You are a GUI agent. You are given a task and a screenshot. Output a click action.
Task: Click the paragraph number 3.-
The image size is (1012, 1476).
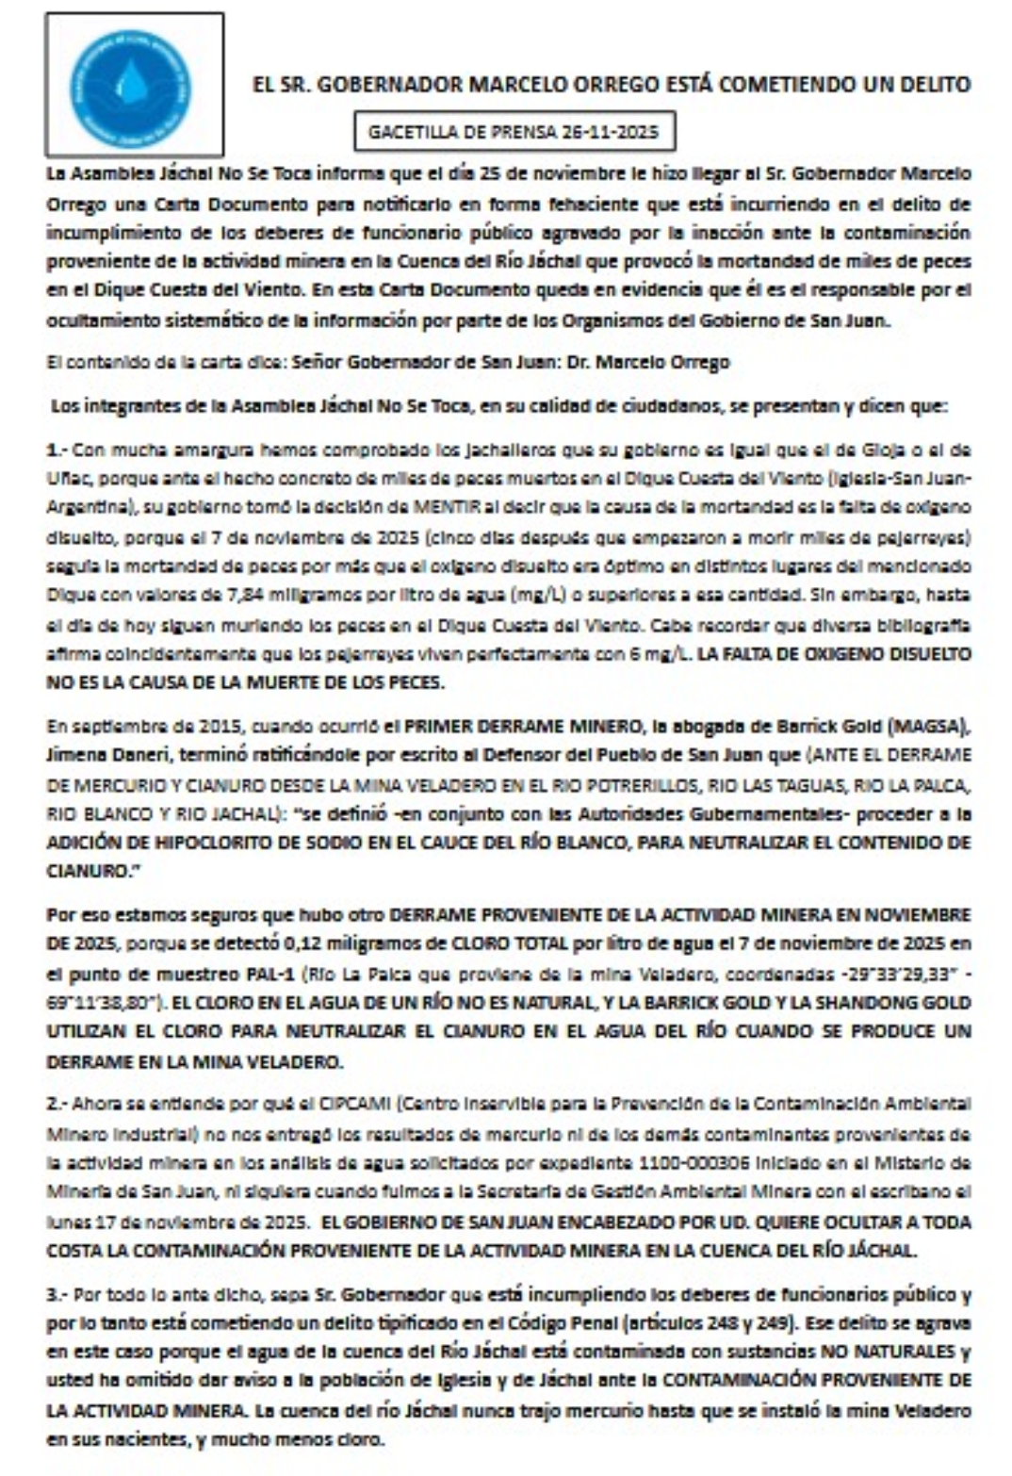click(x=57, y=1294)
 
